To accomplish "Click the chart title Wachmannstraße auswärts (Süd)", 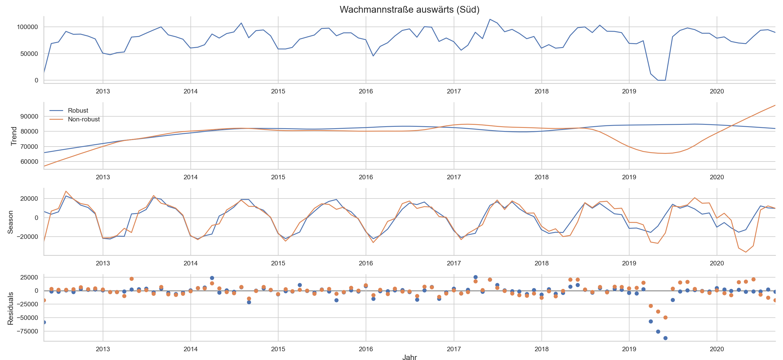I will click(x=409, y=10).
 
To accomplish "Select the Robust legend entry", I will click(x=78, y=111).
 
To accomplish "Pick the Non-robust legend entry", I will click(x=84, y=119).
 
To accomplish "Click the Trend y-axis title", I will click(x=14, y=136).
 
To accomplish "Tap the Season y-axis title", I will click(x=10, y=222).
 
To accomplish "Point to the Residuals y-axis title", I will click(x=10, y=308).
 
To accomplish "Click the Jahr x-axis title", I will click(x=409, y=357).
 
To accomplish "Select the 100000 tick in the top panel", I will click(x=27, y=27).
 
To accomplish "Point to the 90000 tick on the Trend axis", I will click(x=29, y=116).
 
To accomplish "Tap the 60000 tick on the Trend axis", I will click(x=29, y=162).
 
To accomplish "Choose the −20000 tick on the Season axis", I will click(x=27, y=237).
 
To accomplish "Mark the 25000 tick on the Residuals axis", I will click(x=29, y=277).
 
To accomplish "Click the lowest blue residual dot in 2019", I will click(x=665, y=338).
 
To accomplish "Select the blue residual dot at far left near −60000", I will click(x=44, y=322).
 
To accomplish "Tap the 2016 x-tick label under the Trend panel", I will click(x=366, y=177).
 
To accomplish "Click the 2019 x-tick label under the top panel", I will click(x=629, y=91).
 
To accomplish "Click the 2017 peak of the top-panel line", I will click(x=490, y=19).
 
